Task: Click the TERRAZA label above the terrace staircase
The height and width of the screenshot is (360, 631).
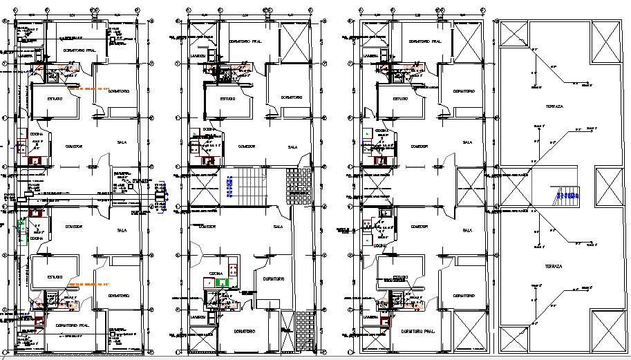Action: point(554,107)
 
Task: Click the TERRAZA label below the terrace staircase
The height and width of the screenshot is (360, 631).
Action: point(554,266)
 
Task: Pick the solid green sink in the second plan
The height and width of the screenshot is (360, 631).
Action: point(221,282)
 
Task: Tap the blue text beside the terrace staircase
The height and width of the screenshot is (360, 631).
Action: point(569,196)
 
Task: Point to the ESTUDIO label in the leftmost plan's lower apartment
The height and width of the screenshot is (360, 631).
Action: point(54,277)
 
